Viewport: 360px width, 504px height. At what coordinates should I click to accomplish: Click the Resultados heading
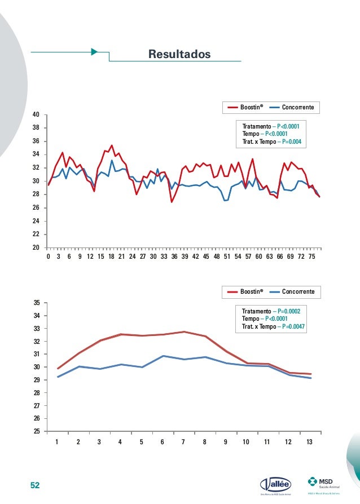coord(179,54)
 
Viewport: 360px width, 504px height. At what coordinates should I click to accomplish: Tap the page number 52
coord(35,485)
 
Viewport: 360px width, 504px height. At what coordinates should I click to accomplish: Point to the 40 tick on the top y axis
coord(36,114)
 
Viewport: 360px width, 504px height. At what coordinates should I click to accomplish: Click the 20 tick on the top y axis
coord(36,247)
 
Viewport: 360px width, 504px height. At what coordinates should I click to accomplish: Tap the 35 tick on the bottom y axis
coord(36,303)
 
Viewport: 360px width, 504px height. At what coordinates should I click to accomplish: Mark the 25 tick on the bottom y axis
coord(36,431)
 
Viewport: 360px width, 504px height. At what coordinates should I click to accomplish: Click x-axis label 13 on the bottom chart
coord(310,442)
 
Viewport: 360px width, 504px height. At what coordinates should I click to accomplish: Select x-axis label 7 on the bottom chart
coord(183,442)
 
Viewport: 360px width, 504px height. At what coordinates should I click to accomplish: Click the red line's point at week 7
coord(183,332)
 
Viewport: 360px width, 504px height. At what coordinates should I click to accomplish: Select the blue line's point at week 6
coord(163,356)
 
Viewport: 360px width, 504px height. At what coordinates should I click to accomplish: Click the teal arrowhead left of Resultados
coord(94,52)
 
